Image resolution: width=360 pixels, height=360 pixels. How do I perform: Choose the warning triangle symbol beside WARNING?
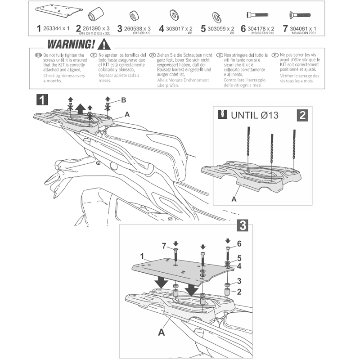pos(104,45)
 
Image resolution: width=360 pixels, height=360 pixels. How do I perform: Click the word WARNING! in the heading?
pos(71,45)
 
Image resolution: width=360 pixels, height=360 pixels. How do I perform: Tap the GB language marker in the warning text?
pos(38,55)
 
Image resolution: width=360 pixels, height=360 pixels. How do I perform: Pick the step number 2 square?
pos(302,115)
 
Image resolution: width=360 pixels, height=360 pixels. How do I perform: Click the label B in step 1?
pos(123,100)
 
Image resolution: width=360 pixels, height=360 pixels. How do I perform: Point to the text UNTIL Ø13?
pos(254,115)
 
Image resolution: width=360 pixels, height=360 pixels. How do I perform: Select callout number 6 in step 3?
pos(239,243)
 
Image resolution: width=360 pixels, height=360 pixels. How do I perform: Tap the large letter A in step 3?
pos(161,332)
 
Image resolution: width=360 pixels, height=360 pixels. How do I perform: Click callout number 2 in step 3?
pos(239,291)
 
